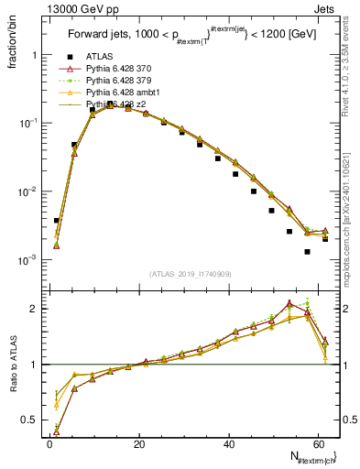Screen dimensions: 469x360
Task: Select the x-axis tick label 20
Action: (138, 444)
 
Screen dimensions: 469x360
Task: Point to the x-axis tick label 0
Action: (49, 444)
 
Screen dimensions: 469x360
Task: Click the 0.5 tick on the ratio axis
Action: (33, 421)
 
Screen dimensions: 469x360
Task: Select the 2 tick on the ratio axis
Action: (37, 309)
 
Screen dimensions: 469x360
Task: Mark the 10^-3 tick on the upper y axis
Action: (29, 260)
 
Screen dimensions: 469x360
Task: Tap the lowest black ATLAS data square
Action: (308, 252)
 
